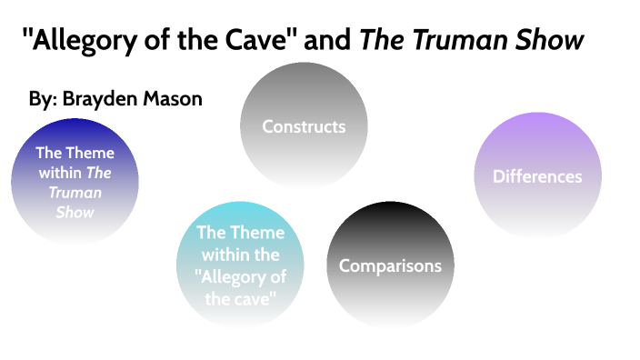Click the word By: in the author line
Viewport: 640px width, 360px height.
pyautogui.click(x=42, y=98)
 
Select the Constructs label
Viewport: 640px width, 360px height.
pyautogui.click(x=304, y=126)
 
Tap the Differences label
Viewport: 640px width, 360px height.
pyautogui.click(x=537, y=176)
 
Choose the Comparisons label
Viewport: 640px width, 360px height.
pyautogui.click(x=390, y=265)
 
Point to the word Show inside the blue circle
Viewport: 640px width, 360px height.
pyautogui.click(x=75, y=212)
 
